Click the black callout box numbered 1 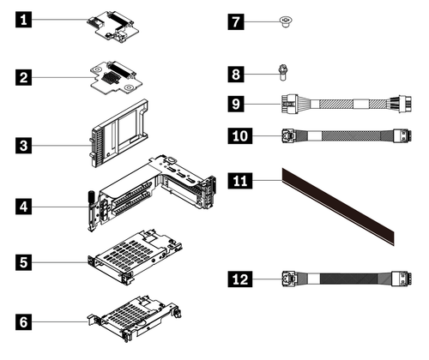click(x=23, y=20)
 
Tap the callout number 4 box click(x=23, y=207)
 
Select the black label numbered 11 click(x=240, y=180)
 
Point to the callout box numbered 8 click(x=236, y=75)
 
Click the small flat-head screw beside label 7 click(x=286, y=21)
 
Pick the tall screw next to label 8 click(x=283, y=73)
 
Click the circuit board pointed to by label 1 click(x=113, y=27)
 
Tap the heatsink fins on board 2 click(x=110, y=78)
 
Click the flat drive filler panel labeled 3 click(x=119, y=133)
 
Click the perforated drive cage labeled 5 click(x=135, y=256)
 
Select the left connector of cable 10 click(x=289, y=135)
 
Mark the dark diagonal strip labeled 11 click(x=338, y=207)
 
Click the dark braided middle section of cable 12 click(x=348, y=279)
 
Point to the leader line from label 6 click(x=59, y=321)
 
